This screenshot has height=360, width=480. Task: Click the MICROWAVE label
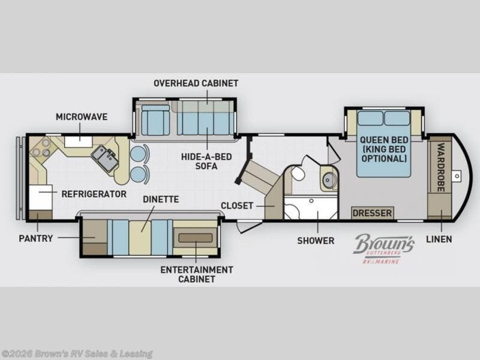(x=82, y=116)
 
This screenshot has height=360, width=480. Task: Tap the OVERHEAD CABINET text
(x=196, y=83)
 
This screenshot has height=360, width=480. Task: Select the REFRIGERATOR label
(x=94, y=194)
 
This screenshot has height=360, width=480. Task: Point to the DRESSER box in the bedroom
(x=372, y=213)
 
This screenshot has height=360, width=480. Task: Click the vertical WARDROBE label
(x=441, y=167)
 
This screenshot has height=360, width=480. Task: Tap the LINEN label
(x=439, y=239)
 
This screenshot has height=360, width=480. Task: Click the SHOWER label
(x=316, y=241)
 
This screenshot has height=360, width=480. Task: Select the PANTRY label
(x=36, y=238)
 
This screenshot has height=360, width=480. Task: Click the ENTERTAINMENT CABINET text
(x=197, y=274)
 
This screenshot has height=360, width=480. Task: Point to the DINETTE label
(x=161, y=199)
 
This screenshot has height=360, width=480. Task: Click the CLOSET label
(x=237, y=205)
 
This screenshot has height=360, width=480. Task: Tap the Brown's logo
(x=384, y=248)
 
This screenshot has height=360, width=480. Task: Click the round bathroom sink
(x=329, y=179)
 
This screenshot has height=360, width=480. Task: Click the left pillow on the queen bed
(x=370, y=118)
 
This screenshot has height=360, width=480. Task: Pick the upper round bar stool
(x=137, y=154)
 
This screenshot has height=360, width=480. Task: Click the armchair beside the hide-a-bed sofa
(x=155, y=119)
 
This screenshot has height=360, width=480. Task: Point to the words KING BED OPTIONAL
(x=384, y=154)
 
